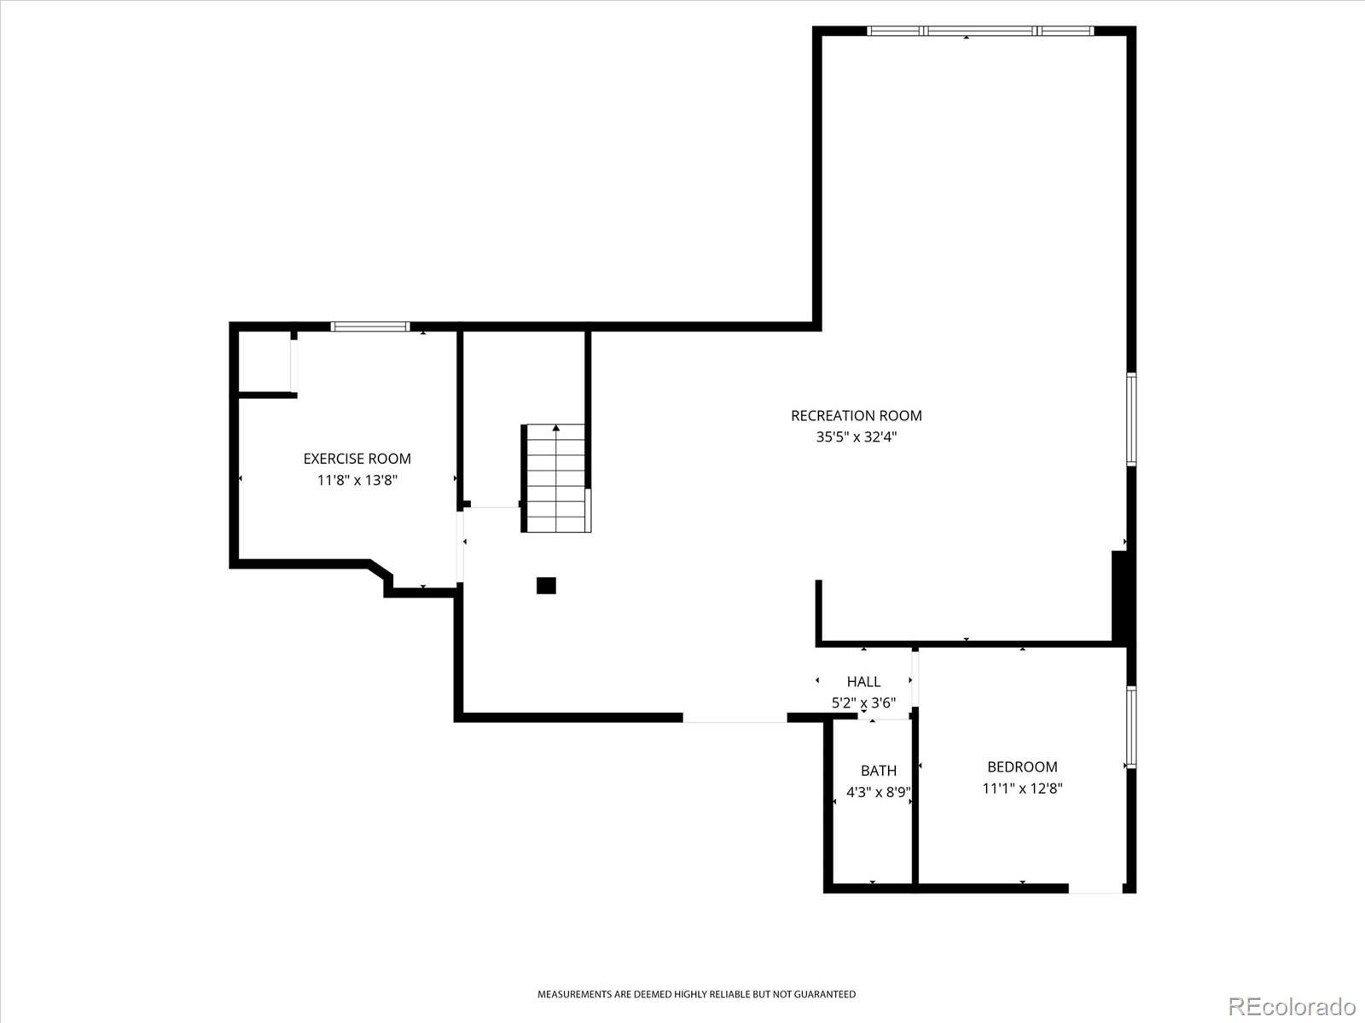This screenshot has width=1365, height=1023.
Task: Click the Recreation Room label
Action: point(856,415)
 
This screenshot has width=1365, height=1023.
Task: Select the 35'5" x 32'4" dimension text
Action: point(857,436)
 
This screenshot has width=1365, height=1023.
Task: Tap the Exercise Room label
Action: point(357,459)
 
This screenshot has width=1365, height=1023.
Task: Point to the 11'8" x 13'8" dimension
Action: point(357,480)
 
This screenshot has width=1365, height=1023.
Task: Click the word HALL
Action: point(863,681)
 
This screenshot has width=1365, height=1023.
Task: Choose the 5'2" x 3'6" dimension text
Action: point(863,702)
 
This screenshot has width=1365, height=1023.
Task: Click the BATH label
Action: point(878,770)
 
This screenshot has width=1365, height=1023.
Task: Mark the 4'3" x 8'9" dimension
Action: point(878,792)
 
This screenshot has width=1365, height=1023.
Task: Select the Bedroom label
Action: point(1022,766)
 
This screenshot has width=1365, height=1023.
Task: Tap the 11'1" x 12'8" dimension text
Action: point(1022,789)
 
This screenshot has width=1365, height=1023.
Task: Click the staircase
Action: point(556,478)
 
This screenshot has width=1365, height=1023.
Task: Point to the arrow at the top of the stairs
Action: point(556,428)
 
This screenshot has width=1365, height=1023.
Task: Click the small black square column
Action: point(546,586)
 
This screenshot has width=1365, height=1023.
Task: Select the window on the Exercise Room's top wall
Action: point(370,327)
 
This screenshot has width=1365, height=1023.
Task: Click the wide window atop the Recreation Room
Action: point(980,31)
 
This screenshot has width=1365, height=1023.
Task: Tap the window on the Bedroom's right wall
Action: point(1131,726)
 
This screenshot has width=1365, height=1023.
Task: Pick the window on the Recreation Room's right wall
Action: point(1131,419)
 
